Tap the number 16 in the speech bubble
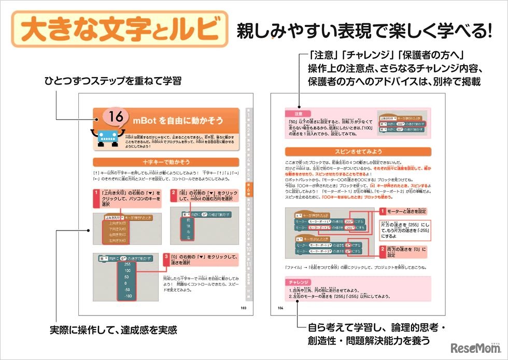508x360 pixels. pyautogui.click(x=117, y=118)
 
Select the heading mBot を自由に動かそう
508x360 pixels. pyautogui.click(x=178, y=121)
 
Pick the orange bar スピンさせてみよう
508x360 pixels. pyautogui.click(x=357, y=152)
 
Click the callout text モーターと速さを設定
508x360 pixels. pyautogui.click(x=407, y=211)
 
